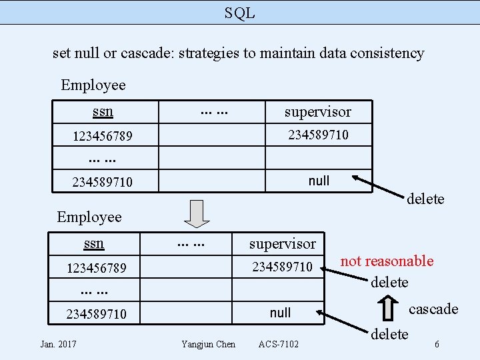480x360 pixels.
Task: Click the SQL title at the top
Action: [x=239, y=12]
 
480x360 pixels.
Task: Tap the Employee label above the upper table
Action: [x=93, y=85]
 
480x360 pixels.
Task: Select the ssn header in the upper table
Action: [x=103, y=111]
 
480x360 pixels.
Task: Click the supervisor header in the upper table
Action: [x=317, y=111]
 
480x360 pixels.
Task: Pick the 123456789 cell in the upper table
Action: [x=102, y=136]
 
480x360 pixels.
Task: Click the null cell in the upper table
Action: [x=319, y=181]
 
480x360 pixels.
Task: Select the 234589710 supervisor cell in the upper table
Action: [x=317, y=135]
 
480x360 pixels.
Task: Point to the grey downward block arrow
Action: [x=197, y=214]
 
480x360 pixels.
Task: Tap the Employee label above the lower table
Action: [x=89, y=217]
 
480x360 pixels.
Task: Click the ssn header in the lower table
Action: [x=93, y=243]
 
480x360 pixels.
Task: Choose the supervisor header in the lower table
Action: [x=282, y=244]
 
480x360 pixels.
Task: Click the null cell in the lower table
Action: [x=281, y=313]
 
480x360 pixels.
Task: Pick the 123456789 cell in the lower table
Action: [x=96, y=268]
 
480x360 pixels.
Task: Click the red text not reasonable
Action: [x=387, y=261]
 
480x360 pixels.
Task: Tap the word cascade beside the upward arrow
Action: [x=433, y=309]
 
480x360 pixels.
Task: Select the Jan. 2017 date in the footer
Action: [x=58, y=344]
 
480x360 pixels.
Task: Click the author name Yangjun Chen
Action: [x=208, y=344]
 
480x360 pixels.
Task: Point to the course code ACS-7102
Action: [x=278, y=344]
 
